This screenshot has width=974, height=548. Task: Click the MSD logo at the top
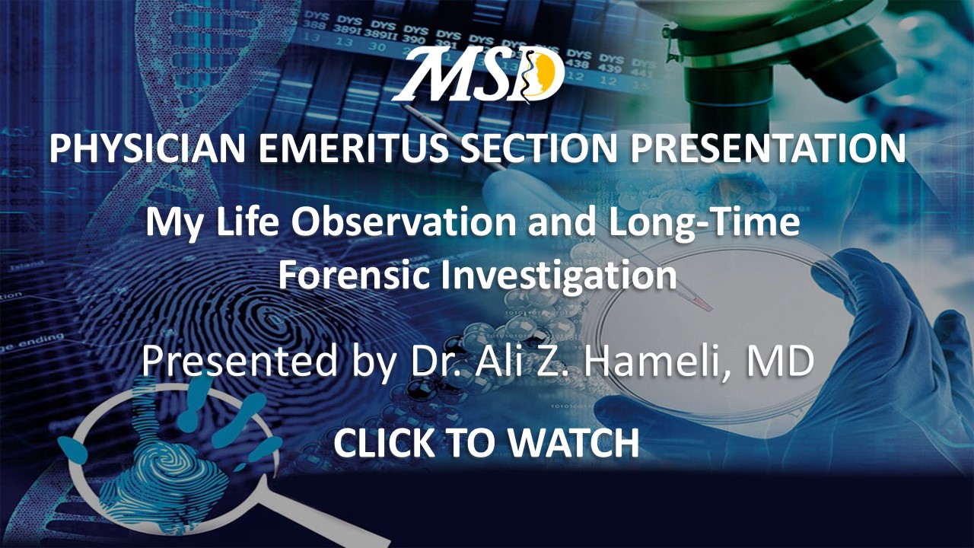(479, 74)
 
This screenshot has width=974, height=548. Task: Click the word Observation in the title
(403, 221)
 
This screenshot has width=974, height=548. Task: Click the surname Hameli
(652, 361)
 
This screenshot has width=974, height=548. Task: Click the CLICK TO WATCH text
(486, 443)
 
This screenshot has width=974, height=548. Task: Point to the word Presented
(240, 361)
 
